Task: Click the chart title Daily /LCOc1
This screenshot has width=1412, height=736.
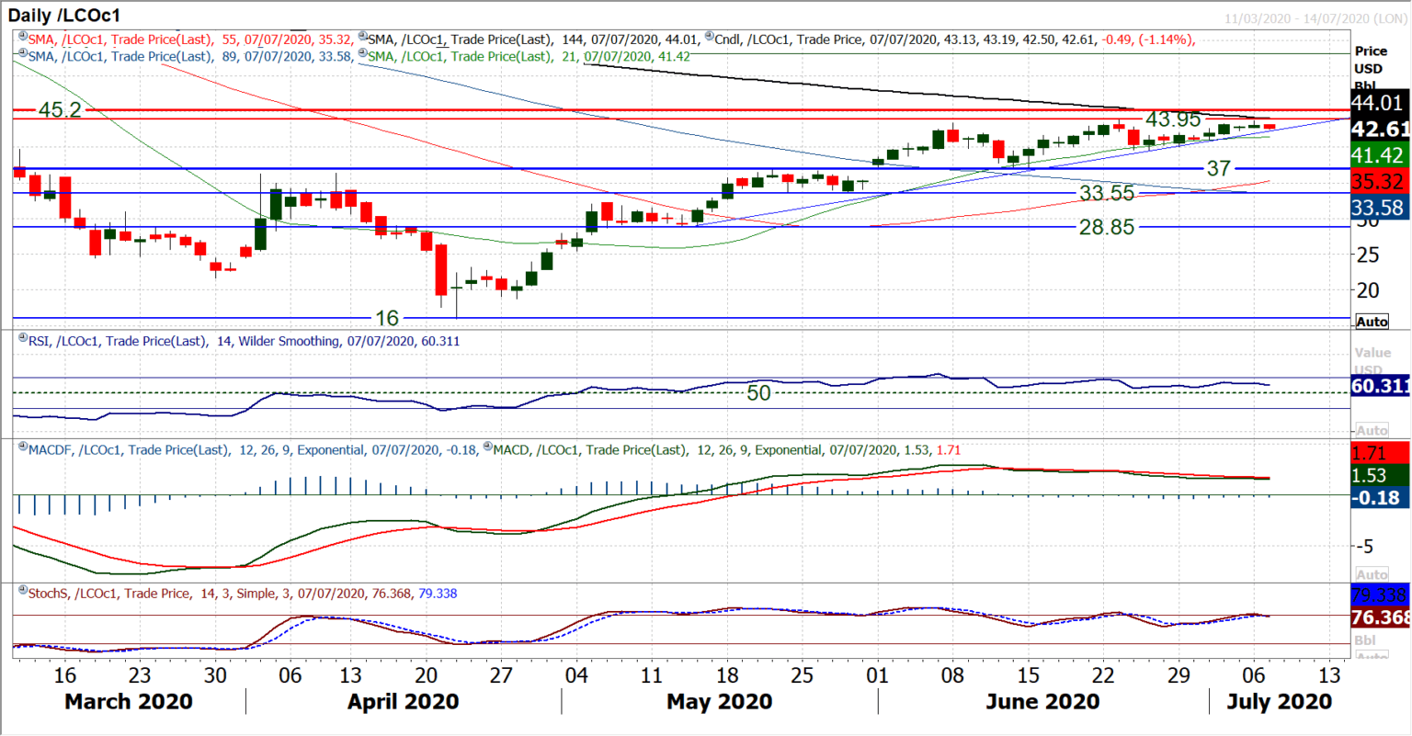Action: [x=64, y=16]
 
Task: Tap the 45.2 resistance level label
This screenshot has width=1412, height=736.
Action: [x=60, y=110]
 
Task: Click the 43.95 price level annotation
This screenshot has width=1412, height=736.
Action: [x=1173, y=119]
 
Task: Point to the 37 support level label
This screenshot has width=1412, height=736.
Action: [x=1218, y=168]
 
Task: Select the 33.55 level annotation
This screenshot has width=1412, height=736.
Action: [x=1107, y=193]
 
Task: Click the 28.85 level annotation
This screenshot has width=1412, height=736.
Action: [x=1107, y=227]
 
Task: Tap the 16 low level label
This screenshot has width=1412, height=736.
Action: [x=387, y=318]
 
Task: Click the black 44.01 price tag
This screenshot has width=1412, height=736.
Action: [x=1379, y=103]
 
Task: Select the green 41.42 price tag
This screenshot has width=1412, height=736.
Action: [x=1379, y=155]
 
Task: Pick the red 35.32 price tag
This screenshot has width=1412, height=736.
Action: [x=1379, y=182]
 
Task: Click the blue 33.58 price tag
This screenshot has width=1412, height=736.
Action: [x=1379, y=208]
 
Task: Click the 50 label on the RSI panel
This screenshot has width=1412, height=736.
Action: [x=758, y=393]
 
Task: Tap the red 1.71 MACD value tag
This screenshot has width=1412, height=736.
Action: [x=1370, y=453]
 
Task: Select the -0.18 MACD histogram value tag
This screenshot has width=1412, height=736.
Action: [x=1379, y=498]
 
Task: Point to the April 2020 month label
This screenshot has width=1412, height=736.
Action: [x=403, y=702]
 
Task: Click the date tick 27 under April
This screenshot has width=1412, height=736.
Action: [x=501, y=675]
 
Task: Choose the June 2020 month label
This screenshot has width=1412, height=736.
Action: [x=1042, y=702]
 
